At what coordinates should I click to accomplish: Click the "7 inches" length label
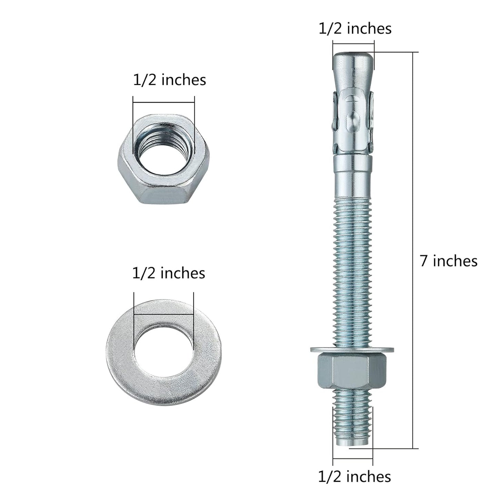click(448, 261)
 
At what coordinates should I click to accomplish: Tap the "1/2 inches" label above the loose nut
click(169, 80)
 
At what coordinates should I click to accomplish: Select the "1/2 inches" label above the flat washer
click(169, 273)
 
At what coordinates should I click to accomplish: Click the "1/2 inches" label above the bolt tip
click(355, 29)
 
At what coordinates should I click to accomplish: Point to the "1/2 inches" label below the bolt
click(354, 477)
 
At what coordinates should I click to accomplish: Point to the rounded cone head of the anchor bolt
click(353, 65)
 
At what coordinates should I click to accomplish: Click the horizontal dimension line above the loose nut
click(164, 102)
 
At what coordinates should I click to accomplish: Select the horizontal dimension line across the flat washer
click(164, 314)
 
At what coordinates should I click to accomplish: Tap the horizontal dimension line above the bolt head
click(353, 44)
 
